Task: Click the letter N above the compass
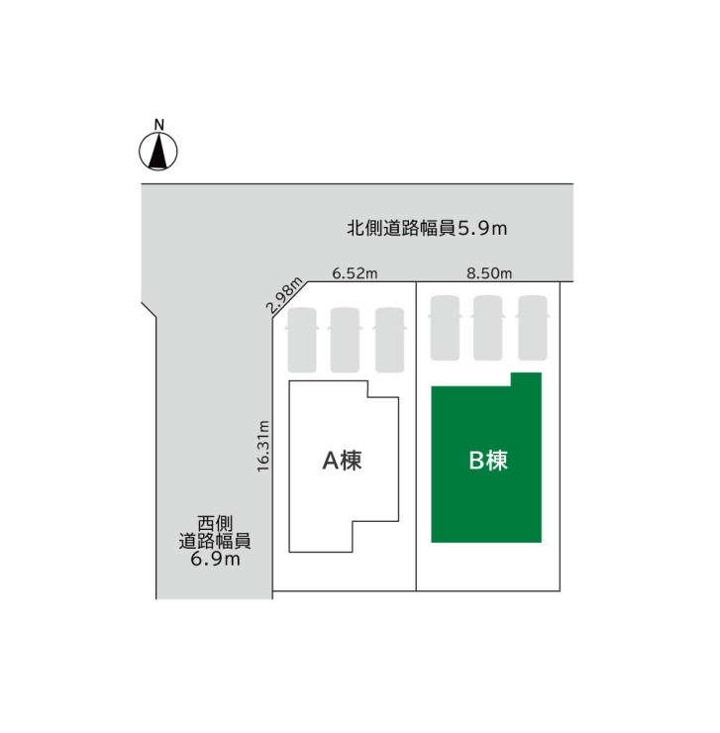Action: tap(159, 125)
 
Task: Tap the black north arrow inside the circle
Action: tap(158, 151)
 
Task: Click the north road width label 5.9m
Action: tap(482, 228)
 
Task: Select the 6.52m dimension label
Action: tap(355, 273)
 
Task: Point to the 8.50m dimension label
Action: tap(489, 273)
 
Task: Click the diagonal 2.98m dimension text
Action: tap(284, 294)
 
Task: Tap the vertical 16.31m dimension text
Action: tap(263, 446)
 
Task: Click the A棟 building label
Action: tap(343, 461)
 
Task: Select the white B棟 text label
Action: tap(488, 461)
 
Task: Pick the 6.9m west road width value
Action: tap(215, 559)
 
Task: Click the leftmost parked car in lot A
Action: tap(302, 340)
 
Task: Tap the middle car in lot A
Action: tap(345, 340)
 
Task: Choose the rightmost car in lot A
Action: tap(389, 340)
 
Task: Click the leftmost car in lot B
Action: tap(445, 328)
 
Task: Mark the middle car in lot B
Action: tap(488, 328)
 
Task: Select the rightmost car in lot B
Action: tap(533, 328)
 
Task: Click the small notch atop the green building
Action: tap(526, 379)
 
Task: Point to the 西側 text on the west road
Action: tap(215, 524)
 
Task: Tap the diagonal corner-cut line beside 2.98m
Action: tap(290, 301)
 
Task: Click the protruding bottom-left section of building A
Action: tap(321, 537)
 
